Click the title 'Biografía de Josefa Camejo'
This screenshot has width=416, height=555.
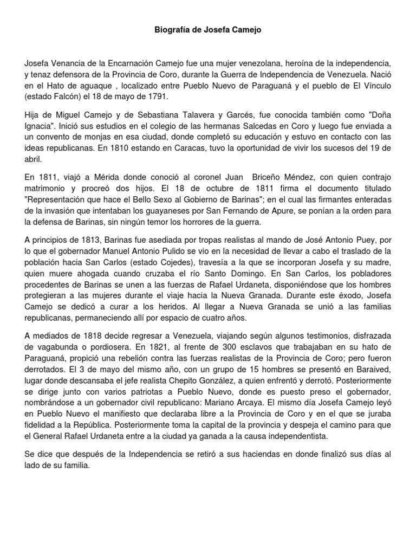click(x=208, y=30)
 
